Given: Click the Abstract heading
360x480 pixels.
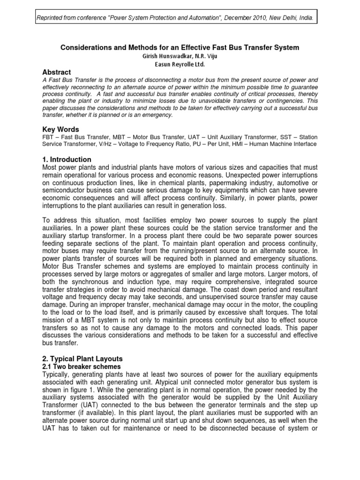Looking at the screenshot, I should [57, 73].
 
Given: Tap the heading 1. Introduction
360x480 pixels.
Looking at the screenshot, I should [67, 160].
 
